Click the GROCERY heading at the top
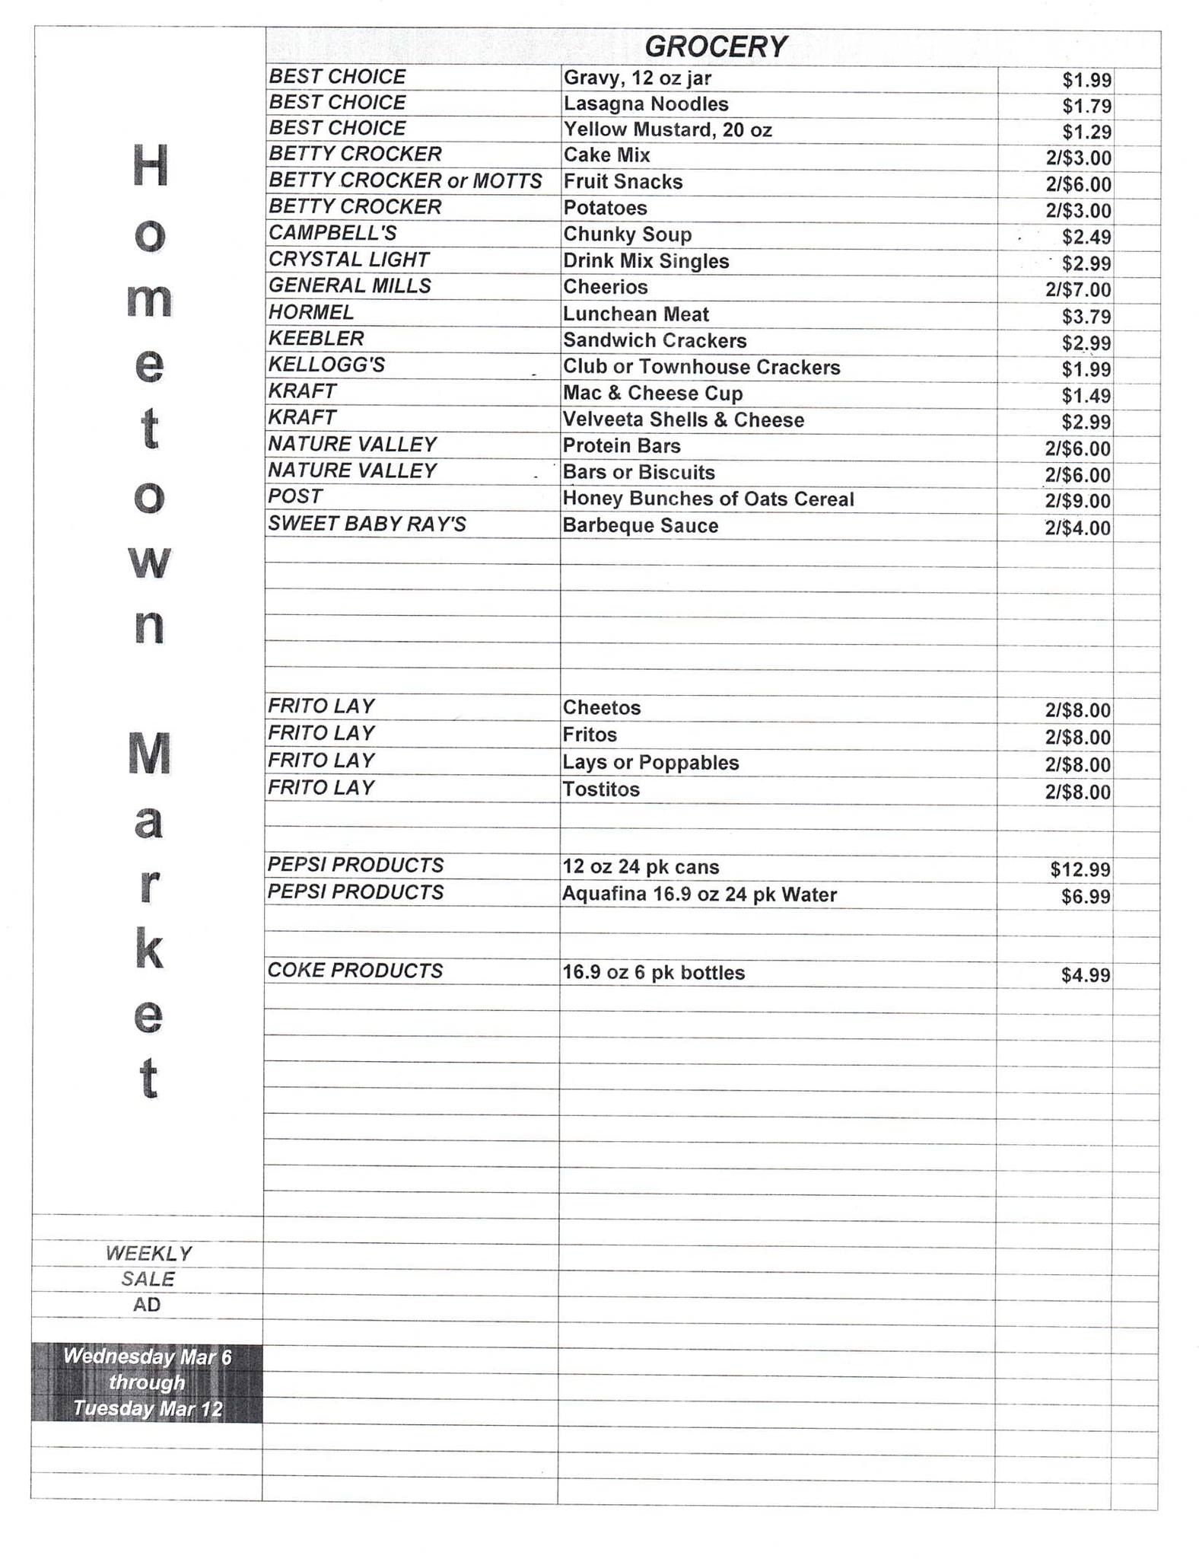coord(714,47)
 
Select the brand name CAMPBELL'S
coord(332,233)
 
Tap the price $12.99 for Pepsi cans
coord(1080,869)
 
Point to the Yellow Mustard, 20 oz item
coord(667,130)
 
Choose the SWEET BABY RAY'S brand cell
coord(367,524)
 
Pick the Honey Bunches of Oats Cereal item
coord(708,499)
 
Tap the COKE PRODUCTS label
coord(355,971)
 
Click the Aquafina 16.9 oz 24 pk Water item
coord(699,894)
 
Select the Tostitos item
coord(601,789)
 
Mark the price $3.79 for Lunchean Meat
coord(1086,317)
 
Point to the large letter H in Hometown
coord(150,166)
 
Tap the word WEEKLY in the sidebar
coord(148,1253)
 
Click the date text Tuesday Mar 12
coord(148,1409)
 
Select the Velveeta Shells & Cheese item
coord(683,420)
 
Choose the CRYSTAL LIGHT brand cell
coord(348,260)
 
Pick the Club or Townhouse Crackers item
coord(701,368)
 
